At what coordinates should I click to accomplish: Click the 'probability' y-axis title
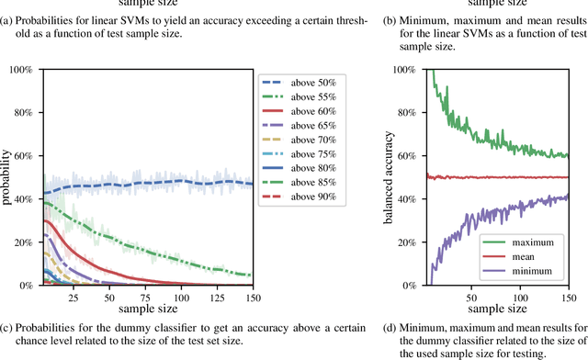[6, 177]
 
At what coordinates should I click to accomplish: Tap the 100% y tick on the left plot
[22, 70]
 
